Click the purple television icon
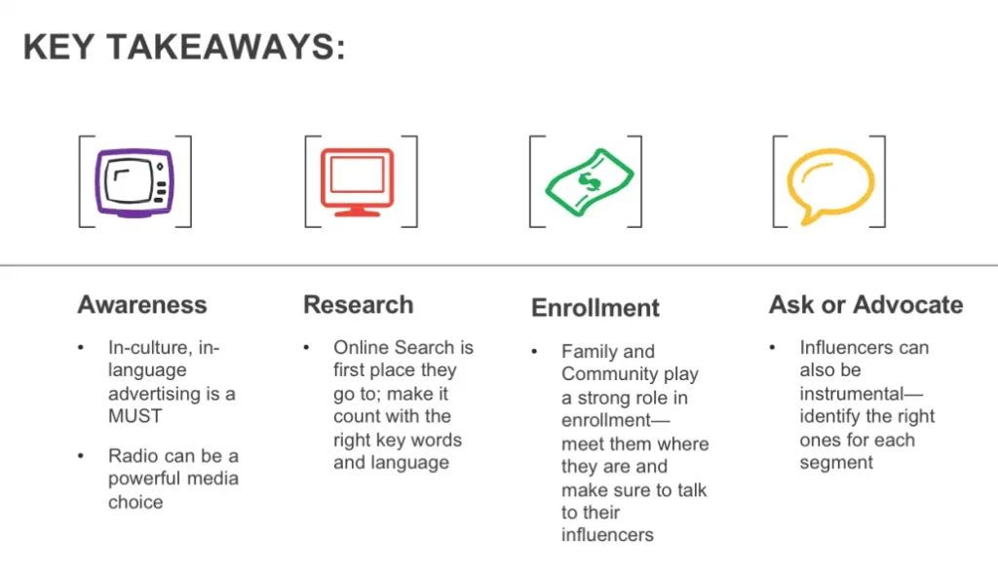tap(134, 183)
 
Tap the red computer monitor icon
tap(357, 182)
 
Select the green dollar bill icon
tap(590, 182)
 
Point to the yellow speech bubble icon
tap(830, 185)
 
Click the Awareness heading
tap(142, 304)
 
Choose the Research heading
tap(359, 304)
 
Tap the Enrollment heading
tap(595, 308)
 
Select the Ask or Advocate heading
tap(865, 304)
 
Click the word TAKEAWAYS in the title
tap(226, 47)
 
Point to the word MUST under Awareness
tap(134, 416)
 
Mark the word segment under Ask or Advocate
tap(836, 463)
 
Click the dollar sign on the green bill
tap(589, 182)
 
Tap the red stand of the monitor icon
tap(357, 211)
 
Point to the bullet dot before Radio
tap(81, 456)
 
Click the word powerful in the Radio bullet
tap(145, 479)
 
